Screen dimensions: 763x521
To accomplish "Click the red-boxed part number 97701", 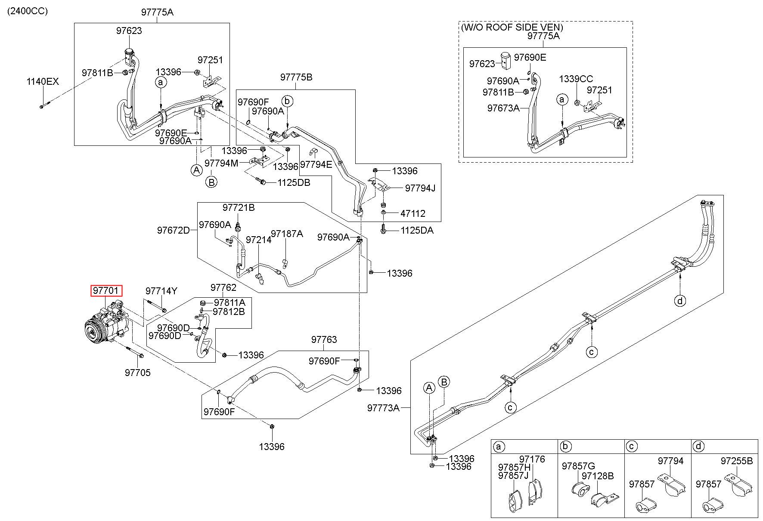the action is [x=106, y=291].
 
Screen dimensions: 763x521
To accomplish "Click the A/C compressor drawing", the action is [x=105, y=324].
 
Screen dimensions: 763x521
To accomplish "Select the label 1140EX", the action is [x=42, y=82].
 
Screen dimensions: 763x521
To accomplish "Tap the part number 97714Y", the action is [x=161, y=291].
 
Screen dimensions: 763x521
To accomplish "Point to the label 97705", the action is [x=138, y=373].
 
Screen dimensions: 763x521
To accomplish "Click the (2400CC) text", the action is [x=27, y=11].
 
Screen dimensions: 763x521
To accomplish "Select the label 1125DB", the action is [x=294, y=182].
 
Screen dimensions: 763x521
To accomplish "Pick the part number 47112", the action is [x=413, y=213].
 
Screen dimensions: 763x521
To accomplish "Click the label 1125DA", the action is [x=417, y=231].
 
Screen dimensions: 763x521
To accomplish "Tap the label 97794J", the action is [x=420, y=188].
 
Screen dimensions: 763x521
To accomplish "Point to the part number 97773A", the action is [x=383, y=408].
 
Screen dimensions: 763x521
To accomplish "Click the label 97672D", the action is [x=173, y=230].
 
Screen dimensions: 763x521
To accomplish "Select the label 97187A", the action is [x=287, y=234].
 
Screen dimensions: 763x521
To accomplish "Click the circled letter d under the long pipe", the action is [x=680, y=300].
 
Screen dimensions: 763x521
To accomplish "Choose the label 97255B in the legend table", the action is [x=737, y=461].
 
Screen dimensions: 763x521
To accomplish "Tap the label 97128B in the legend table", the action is [x=598, y=476].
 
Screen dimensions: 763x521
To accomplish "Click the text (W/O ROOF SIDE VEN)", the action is [x=512, y=27].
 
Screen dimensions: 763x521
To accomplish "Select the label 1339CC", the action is [x=576, y=79].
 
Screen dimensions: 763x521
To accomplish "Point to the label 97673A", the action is [x=503, y=108].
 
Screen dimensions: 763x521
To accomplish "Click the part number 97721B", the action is [x=239, y=208].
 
